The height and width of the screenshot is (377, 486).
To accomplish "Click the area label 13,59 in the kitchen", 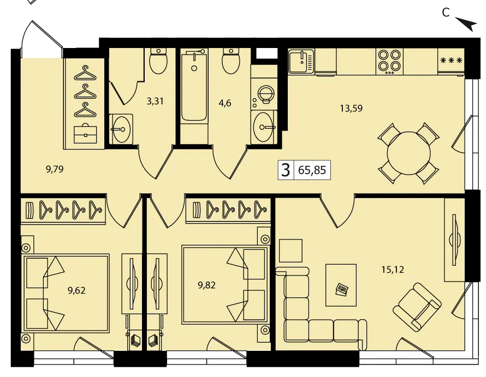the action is click(x=351, y=109).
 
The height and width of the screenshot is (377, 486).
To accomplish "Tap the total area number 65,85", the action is click(x=312, y=170).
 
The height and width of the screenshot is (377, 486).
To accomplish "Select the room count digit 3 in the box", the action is click(x=286, y=170).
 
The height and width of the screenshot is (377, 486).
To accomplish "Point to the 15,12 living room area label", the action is click(x=393, y=270).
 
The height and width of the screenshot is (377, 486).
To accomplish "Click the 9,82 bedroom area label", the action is click(x=207, y=285).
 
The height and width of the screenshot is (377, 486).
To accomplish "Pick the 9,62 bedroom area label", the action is click(x=76, y=291).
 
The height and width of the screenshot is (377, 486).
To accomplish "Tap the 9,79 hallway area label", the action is click(x=55, y=169).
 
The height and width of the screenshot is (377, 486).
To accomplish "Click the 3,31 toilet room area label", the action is click(x=155, y=101).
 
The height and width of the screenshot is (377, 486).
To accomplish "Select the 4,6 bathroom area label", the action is click(x=225, y=103).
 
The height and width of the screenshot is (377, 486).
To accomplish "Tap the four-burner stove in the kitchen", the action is click(x=389, y=62).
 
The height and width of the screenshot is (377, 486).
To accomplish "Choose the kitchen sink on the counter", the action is click(x=301, y=61).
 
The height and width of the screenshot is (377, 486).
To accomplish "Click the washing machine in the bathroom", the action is click(x=264, y=94).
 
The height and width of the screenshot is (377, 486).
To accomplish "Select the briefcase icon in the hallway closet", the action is click(x=85, y=134).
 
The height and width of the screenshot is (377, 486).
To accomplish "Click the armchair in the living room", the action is click(x=417, y=306).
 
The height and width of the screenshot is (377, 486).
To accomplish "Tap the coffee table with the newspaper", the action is click(x=341, y=285).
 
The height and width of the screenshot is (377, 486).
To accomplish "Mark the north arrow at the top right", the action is click(x=466, y=24).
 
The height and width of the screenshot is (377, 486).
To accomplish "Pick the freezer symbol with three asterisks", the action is click(x=451, y=61).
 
